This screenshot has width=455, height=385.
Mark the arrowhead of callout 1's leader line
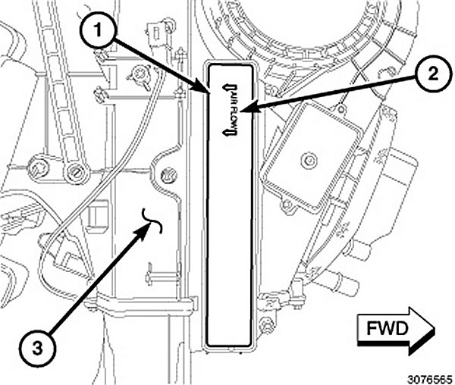[x=210, y=92]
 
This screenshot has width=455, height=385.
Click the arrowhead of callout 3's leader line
[x=143, y=228]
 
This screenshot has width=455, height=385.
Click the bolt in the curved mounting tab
[x=168, y=177]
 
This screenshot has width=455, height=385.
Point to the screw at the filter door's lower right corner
[x=265, y=327]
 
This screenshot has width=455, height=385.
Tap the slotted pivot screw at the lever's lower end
[x=74, y=174]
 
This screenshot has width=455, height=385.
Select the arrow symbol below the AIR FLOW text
[x=225, y=130]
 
